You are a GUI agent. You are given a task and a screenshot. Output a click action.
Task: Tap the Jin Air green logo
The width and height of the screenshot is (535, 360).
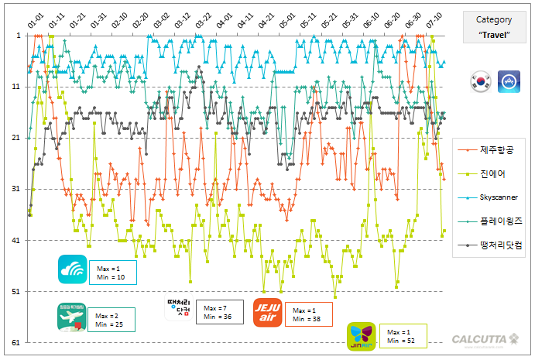pyautogui.click(x=362, y=334)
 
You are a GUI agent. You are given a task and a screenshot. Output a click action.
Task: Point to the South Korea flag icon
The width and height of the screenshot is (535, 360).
pyautogui.click(x=481, y=81)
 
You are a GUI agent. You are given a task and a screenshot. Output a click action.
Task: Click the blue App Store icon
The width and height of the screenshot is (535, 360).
pyautogui.click(x=509, y=81)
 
